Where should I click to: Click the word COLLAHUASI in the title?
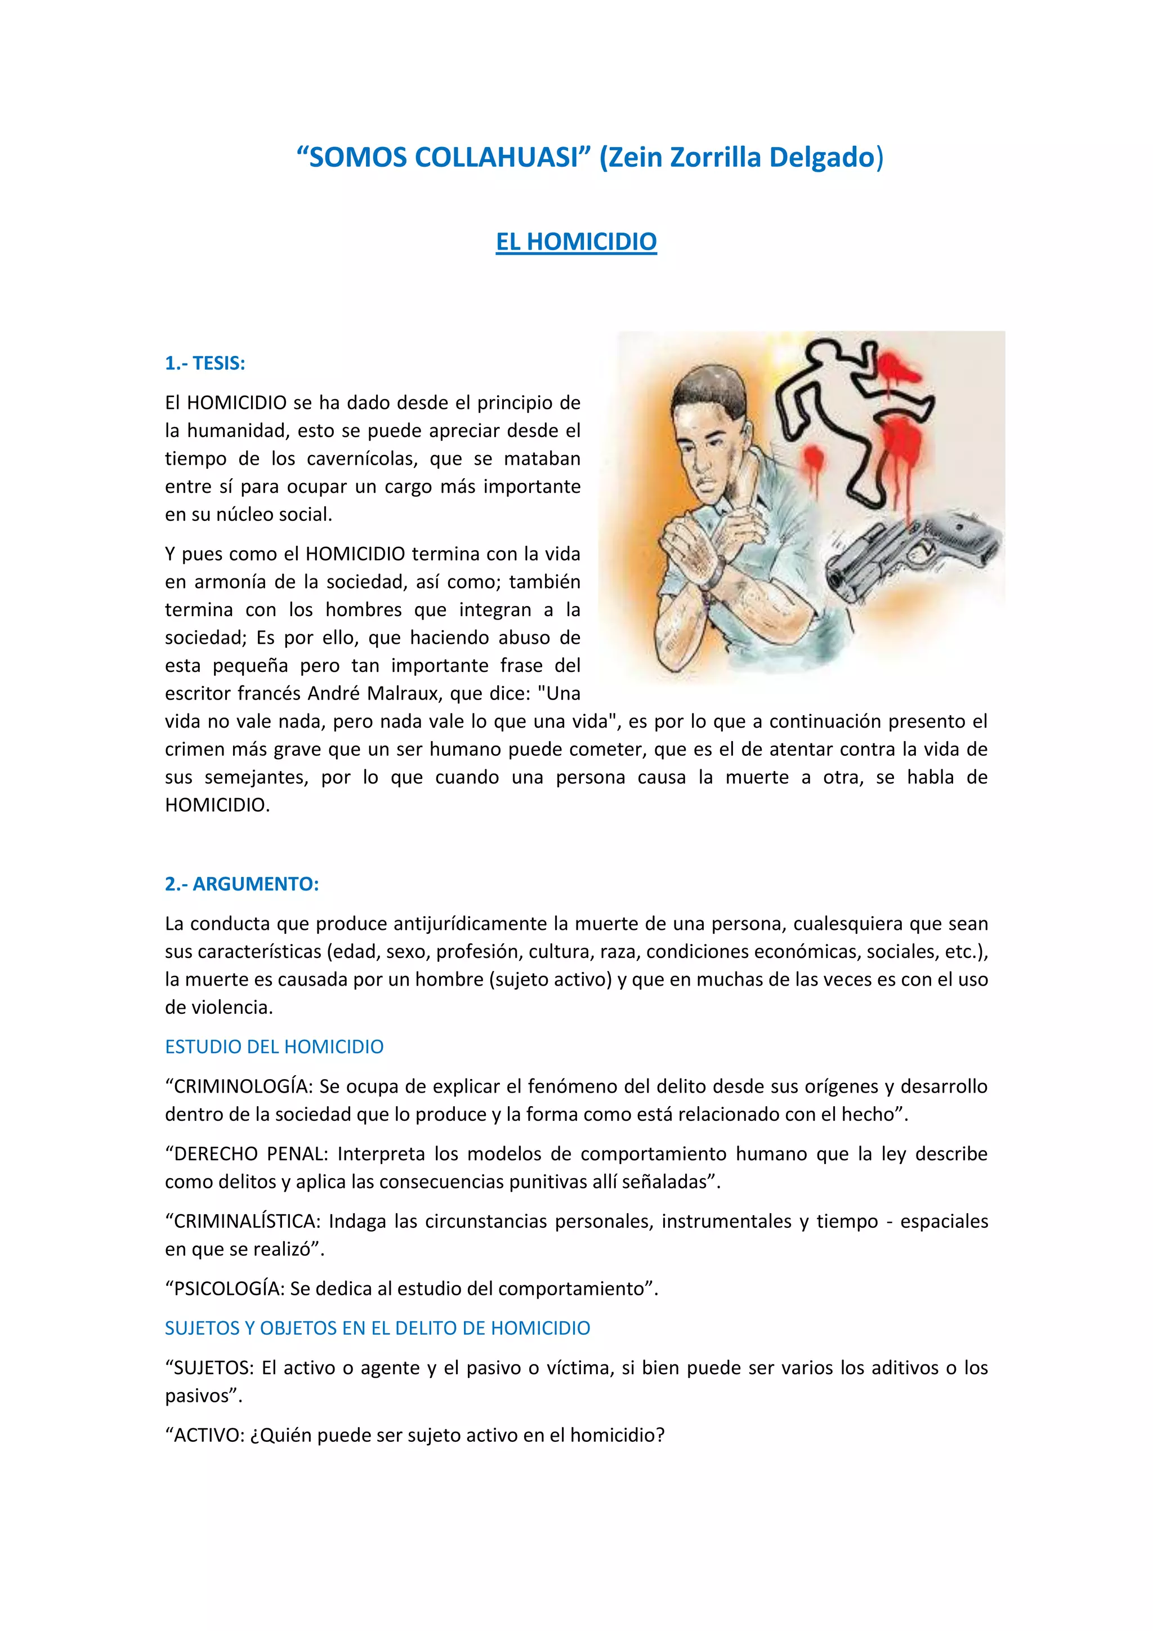point(497,157)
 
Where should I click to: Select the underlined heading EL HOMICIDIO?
point(576,242)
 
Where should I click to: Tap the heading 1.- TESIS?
point(204,363)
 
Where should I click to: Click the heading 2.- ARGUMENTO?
point(242,884)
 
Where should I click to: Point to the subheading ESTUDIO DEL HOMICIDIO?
point(274,1046)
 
